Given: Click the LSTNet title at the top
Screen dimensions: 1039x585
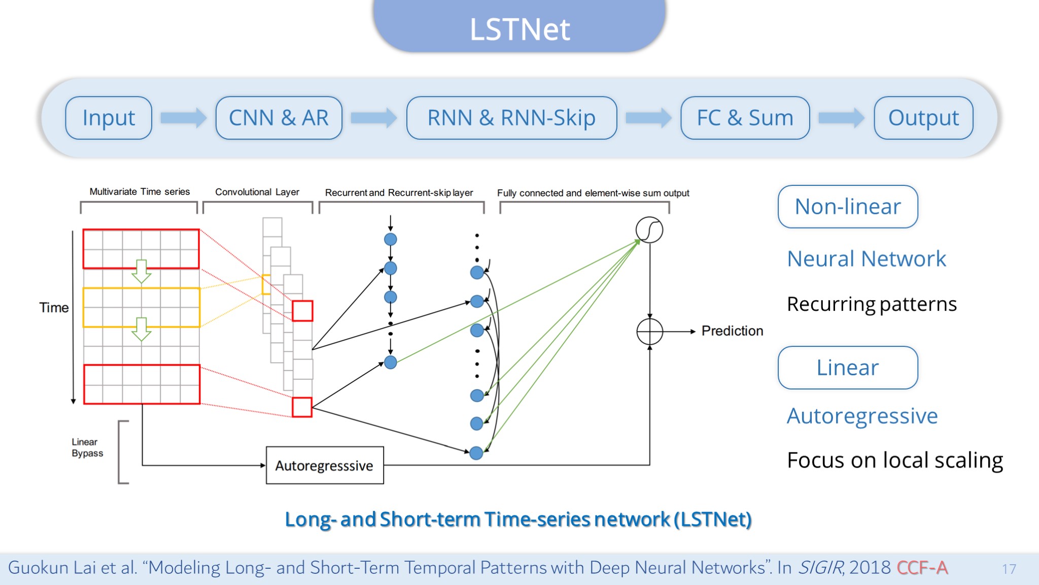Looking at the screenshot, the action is point(519,29).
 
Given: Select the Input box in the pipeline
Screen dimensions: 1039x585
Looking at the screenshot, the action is point(109,118).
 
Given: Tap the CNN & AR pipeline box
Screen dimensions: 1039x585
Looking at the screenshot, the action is point(279,118).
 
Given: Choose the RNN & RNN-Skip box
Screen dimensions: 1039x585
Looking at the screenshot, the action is point(511,118).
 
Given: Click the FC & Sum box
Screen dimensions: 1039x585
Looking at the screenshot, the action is point(745,118).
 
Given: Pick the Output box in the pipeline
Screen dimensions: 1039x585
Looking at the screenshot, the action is point(923,118).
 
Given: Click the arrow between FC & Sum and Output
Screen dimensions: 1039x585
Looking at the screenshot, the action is point(842,118).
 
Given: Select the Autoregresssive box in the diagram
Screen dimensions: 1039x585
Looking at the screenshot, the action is point(325,465).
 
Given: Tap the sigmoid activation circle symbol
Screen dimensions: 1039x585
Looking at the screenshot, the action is point(649,230).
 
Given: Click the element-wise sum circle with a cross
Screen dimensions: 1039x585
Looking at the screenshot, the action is point(650,332).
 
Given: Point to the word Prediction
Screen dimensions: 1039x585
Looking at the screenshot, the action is point(732,331).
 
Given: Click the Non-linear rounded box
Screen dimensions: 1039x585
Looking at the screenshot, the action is point(848,207).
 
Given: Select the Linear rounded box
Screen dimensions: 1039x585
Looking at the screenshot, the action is point(848,368).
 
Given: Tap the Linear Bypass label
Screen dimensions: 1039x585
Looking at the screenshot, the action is point(87,447).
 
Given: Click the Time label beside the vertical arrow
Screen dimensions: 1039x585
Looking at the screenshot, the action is point(54,308).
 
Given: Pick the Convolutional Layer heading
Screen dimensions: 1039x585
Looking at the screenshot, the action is point(257,192).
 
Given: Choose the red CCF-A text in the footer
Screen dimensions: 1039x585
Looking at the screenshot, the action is point(922,567).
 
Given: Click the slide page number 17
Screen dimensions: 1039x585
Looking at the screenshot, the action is point(1009,569).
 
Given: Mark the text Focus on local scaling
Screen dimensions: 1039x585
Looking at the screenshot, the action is point(895,460).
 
